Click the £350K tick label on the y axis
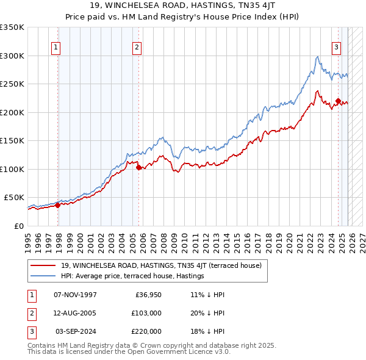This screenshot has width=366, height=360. tap(12, 27)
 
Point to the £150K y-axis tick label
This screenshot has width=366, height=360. tap(12, 140)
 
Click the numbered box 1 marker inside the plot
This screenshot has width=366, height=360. tap(56, 47)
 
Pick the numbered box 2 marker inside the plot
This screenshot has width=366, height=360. tap(137, 47)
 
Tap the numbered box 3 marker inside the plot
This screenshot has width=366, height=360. tap(336, 47)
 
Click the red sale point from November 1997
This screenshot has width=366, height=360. tap(57, 205)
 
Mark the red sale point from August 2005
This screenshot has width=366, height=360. tap(138, 167)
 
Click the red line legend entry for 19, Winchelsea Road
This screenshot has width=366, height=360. tap(161, 265)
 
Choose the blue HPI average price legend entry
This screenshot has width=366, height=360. tap(132, 276)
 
